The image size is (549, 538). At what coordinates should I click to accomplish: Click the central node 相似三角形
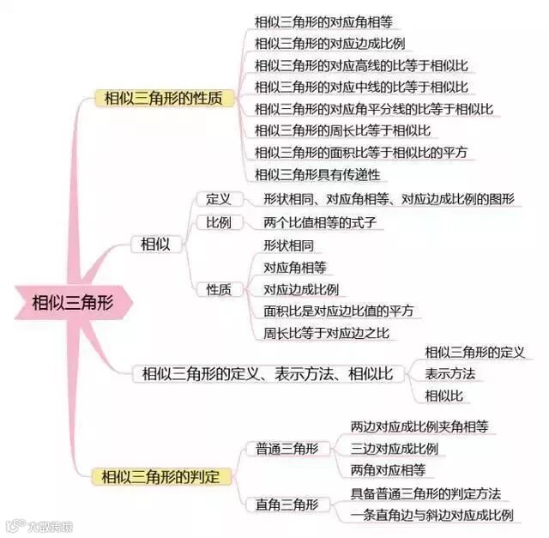coord(70,302)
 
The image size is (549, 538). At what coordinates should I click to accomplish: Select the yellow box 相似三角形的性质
coord(163,99)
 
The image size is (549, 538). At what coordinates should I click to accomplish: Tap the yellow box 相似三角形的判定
coord(160,475)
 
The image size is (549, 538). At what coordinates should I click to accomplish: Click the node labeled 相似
coord(155,245)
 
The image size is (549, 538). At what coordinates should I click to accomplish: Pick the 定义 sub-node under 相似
coord(219,199)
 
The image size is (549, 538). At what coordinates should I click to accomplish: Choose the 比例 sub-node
coord(219,222)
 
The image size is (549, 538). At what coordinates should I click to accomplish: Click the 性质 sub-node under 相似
coord(219,289)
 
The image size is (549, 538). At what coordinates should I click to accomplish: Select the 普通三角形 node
coord(287,448)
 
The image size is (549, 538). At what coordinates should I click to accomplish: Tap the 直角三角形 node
coord(287,505)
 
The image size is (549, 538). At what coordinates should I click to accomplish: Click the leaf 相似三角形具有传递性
coord(317,175)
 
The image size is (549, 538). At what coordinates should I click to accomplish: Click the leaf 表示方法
coord(449,374)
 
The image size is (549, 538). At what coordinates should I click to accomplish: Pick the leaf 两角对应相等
coord(388,470)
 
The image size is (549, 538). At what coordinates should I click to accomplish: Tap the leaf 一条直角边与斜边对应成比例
coord(431,515)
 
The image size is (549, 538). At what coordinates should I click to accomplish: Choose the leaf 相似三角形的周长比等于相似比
coord(342,131)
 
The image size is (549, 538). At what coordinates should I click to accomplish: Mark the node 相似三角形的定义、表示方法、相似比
coord(267,374)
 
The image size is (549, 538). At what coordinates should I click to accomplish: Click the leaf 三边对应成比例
coord(395,448)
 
